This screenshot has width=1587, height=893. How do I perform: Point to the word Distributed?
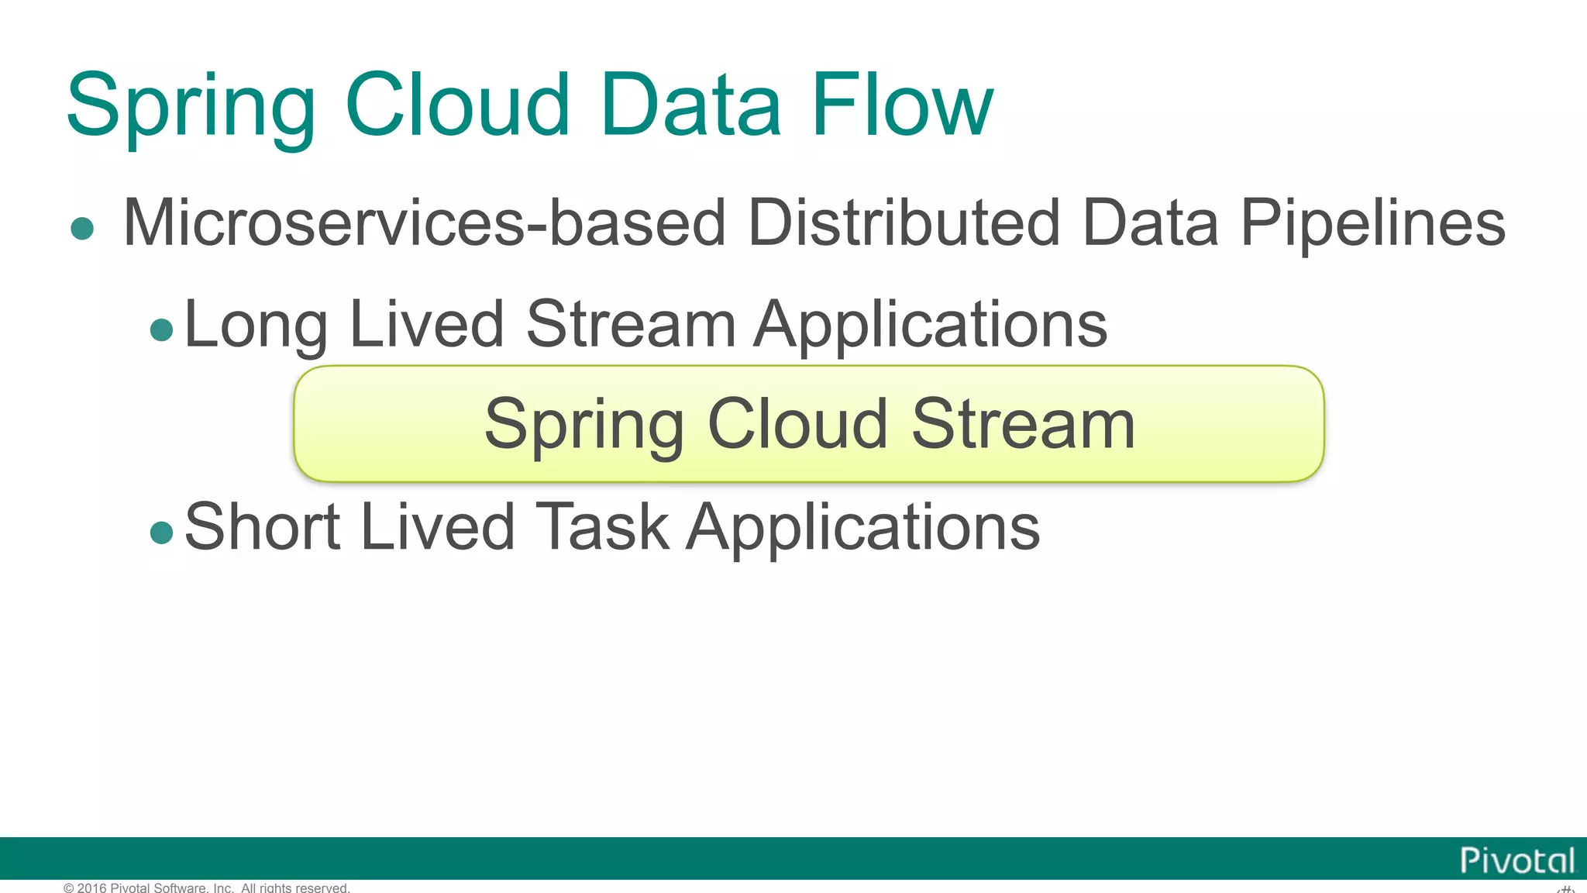coord(904,223)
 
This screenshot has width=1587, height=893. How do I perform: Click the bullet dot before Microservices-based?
coord(82,229)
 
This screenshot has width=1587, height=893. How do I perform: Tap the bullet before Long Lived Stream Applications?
coord(161,330)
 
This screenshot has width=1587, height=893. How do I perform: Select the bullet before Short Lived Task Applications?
coord(161,533)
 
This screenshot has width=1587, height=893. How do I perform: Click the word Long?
coord(256,326)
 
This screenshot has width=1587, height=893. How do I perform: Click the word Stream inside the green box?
coord(1023,424)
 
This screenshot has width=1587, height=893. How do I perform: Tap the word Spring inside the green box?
coord(584,426)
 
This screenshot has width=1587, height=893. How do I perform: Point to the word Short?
coord(263,526)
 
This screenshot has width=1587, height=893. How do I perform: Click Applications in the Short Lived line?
coord(863,529)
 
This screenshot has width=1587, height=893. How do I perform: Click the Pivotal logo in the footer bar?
coord(1516,860)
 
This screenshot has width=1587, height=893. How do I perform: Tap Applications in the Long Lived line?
coord(931,326)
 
